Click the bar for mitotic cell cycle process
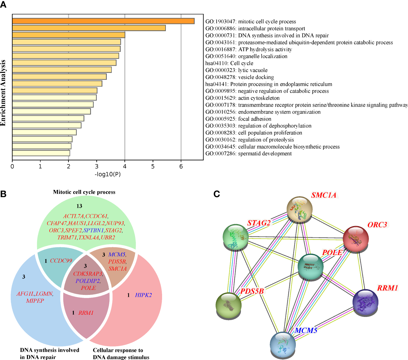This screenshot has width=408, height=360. point(103,21)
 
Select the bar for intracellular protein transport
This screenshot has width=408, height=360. point(89,28)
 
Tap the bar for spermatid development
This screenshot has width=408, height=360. point(41,153)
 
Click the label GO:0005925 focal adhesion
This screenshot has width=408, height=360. point(238,119)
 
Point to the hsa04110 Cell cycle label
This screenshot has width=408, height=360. point(229,63)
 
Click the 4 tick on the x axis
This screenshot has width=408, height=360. point(125,166)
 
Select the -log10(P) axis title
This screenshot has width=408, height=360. point(108,174)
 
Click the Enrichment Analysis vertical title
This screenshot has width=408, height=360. point(3,93)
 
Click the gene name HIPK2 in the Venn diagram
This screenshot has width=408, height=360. point(143,295)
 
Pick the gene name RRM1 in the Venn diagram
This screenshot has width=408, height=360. point(86,313)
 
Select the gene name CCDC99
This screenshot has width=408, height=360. point(61,261)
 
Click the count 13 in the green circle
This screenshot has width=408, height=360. point(79,206)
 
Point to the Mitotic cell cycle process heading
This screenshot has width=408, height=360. point(84,192)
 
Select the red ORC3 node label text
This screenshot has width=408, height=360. point(377,225)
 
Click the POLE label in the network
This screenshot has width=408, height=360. point(332,252)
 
